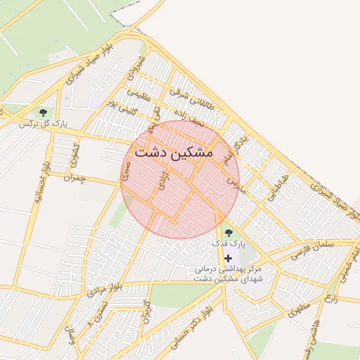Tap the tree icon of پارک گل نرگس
[44, 112]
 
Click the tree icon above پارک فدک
[228, 232]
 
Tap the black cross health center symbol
[228, 259]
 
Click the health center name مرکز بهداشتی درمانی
[228, 269]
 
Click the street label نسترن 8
[98, 312]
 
